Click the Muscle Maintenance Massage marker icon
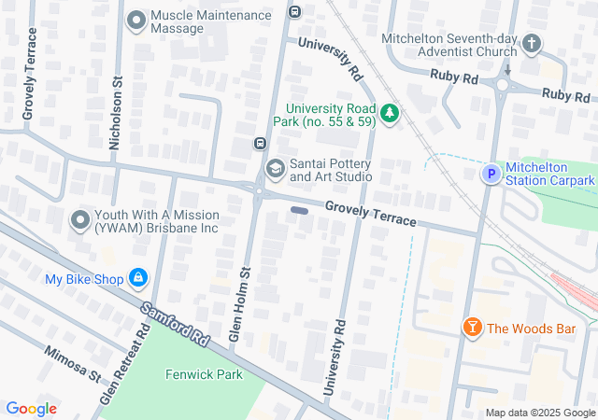click(x=138, y=20)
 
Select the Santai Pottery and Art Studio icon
click(x=275, y=169)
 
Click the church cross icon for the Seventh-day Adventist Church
click(x=531, y=44)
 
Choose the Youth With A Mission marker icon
click(x=80, y=221)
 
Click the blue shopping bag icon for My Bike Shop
click(x=138, y=278)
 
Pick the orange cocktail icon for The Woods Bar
click(x=473, y=328)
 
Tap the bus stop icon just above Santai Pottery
click(x=260, y=144)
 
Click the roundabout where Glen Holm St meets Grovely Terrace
click(x=258, y=191)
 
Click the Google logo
click(x=32, y=408)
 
